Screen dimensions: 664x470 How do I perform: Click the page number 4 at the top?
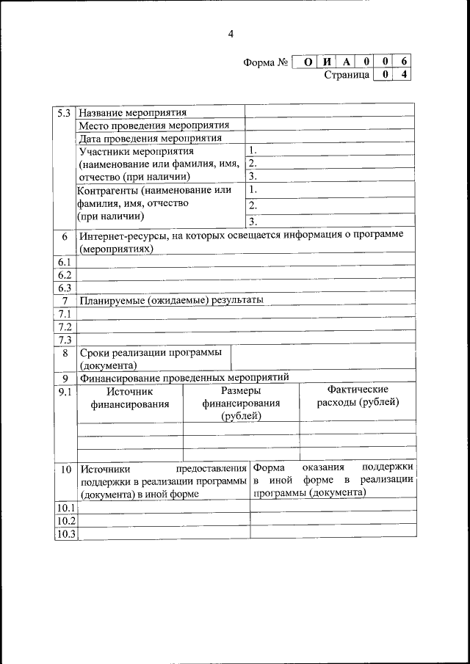(231, 34)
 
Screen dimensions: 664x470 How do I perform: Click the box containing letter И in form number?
(328, 62)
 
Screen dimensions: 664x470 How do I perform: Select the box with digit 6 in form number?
(403, 62)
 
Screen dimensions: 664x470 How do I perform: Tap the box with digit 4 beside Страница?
(403, 75)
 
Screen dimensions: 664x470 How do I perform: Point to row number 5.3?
(65, 113)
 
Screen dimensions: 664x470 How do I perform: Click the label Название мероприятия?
(133, 113)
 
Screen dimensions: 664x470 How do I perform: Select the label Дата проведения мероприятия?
(151, 138)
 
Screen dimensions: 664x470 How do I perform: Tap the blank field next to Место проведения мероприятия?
(328, 125)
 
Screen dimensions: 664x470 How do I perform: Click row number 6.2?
(65, 275)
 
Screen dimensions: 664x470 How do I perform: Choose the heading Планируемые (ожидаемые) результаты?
(172, 300)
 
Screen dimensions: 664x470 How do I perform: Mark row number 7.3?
(65, 340)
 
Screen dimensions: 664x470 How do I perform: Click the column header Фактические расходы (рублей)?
(358, 395)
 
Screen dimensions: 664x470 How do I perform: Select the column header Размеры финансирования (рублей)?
(241, 404)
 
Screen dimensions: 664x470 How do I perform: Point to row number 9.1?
(65, 392)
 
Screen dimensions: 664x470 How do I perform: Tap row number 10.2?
(65, 520)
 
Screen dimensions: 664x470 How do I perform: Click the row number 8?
(65, 353)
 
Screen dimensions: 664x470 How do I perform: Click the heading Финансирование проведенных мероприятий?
(184, 378)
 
